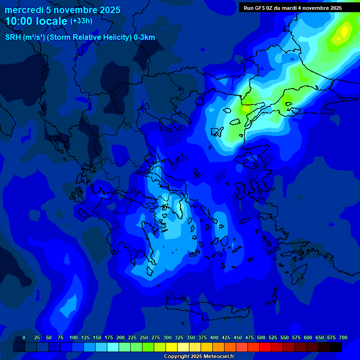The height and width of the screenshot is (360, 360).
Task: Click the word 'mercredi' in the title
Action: click(24, 10)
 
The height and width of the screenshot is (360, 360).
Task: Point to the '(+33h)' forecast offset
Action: click(81, 21)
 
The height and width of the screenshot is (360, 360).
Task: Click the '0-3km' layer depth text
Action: click(144, 37)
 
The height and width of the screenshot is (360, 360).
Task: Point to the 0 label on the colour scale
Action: click(24, 338)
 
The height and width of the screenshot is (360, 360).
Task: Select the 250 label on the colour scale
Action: click(144, 338)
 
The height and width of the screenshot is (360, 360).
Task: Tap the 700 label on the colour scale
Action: click(343, 338)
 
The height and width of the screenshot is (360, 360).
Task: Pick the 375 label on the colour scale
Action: click(202, 338)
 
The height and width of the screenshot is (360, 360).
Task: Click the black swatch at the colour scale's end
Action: click(336, 347)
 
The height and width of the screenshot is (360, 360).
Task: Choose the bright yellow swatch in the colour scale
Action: click(172, 347)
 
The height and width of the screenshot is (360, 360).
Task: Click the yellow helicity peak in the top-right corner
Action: click(345, 31)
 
